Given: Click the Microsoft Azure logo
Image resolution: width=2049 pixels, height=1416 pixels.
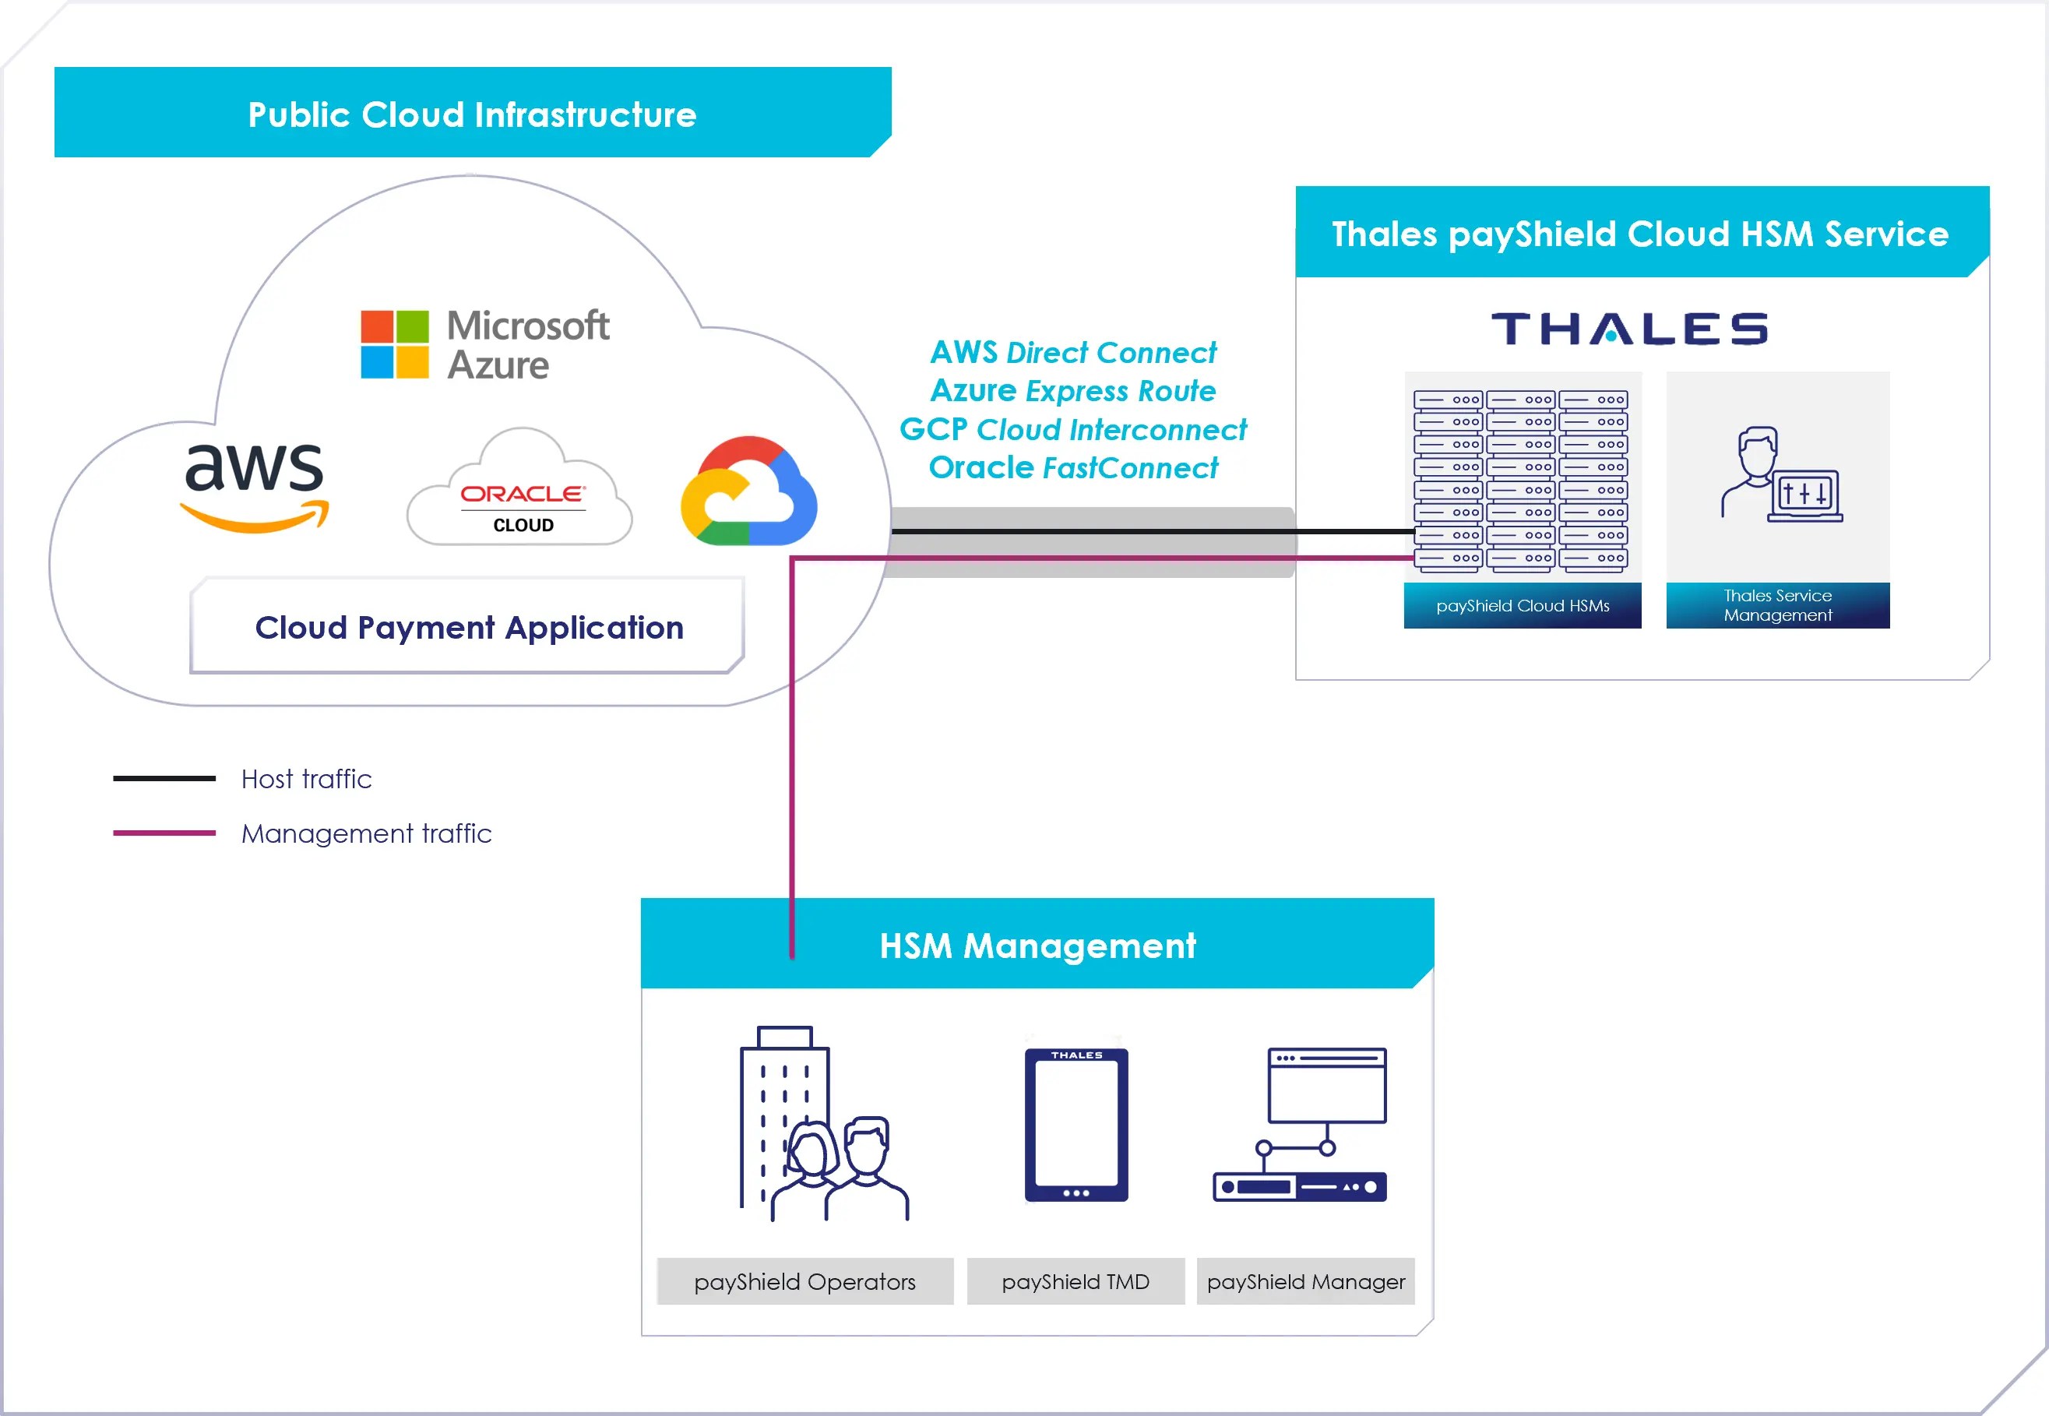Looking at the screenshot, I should click(484, 344).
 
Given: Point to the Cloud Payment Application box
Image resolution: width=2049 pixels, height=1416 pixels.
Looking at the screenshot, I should click(468, 627).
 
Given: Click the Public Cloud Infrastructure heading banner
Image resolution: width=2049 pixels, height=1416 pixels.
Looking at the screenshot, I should click(472, 114).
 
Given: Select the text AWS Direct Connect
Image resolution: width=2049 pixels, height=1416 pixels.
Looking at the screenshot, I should click(1072, 352).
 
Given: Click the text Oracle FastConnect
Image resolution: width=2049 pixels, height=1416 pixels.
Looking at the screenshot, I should click(1072, 467).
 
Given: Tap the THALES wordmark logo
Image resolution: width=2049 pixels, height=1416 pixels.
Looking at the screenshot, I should click(1629, 329).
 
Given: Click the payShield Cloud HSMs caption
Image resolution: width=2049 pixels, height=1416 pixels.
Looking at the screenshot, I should click(1522, 606).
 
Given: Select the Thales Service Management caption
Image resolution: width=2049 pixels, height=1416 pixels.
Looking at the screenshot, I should click(1776, 605).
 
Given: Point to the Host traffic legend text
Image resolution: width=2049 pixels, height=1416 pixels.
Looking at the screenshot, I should click(306, 779).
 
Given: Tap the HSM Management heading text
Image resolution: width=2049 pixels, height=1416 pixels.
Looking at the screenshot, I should click(1037, 946).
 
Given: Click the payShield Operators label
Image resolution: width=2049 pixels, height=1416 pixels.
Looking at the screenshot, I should click(804, 1281).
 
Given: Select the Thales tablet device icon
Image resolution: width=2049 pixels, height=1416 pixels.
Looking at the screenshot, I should click(1076, 1124).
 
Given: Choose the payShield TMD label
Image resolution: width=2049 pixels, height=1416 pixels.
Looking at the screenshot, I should click(1075, 1281).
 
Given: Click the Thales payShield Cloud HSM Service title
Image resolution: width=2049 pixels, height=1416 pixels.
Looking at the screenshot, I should click(1640, 234).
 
